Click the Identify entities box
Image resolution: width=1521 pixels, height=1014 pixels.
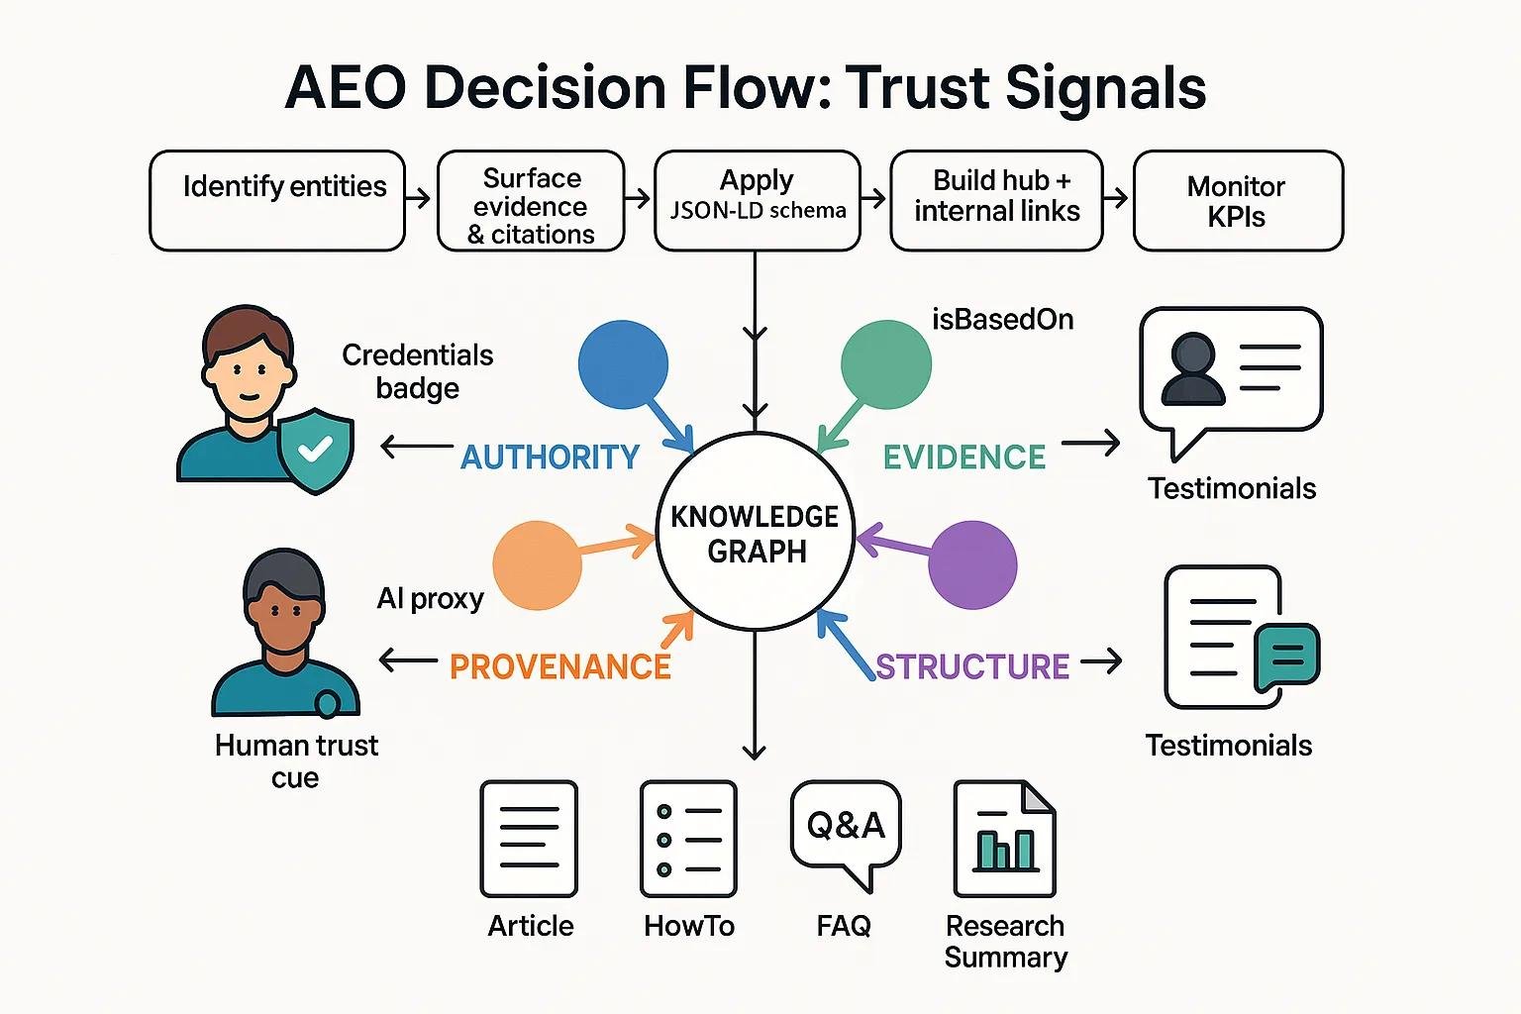pyautogui.click(x=277, y=200)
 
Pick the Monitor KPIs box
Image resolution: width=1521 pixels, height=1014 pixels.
pyautogui.click(x=1238, y=200)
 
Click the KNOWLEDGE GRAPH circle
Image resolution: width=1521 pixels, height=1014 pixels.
pyautogui.click(x=757, y=532)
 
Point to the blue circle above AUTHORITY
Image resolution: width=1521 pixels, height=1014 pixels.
pyautogui.click(x=623, y=364)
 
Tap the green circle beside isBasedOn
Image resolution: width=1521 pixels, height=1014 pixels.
pyautogui.click(x=885, y=364)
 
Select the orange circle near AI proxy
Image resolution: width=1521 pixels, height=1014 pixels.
pyautogui.click(x=537, y=565)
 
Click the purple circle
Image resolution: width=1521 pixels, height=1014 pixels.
pyautogui.click(x=972, y=564)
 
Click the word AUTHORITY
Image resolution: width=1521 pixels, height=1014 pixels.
pyautogui.click(x=551, y=457)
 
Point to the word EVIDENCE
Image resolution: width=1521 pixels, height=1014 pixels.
pyautogui.click(x=964, y=457)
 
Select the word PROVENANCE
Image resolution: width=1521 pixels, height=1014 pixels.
pyautogui.click(x=560, y=666)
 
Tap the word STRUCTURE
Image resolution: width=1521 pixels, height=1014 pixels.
pyautogui.click(x=972, y=666)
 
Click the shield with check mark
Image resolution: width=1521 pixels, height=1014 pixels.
pyautogui.click(x=316, y=452)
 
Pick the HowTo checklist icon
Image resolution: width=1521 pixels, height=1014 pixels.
pyautogui.click(x=688, y=839)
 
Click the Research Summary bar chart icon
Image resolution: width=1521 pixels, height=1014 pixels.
pyautogui.click(x=1004, y=839)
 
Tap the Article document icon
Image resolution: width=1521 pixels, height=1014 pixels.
pyautogui.click(x=529, y=839)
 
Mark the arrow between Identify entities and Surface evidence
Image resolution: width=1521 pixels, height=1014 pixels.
pyautogui.click(x=420, y=199)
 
